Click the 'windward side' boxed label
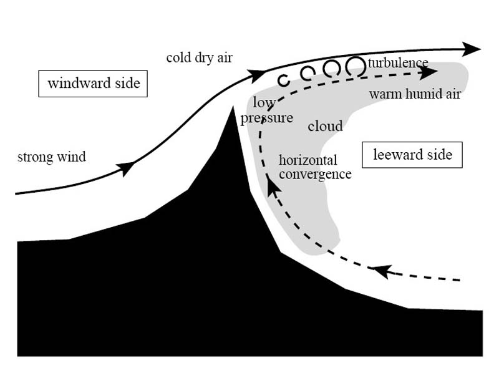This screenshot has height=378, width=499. (93, 83)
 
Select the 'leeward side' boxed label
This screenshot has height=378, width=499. (412, 154)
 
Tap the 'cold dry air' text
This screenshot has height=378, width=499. (199, 58)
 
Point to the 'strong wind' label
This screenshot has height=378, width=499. (51, 157)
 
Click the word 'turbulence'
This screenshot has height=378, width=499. (398, 63)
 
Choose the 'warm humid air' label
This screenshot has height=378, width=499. (415, 94)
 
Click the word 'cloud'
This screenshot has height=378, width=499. (325, 127)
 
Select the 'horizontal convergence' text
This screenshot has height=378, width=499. (314, 167)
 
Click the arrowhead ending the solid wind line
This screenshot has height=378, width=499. (473, 49)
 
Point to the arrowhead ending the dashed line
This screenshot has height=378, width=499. (428, 72)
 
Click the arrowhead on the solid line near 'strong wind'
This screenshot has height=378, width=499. (127, 167)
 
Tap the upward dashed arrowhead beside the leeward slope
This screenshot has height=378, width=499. (270, 184)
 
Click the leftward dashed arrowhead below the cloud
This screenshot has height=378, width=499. (380, 271)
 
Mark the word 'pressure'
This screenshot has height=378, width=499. (266, 117)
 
